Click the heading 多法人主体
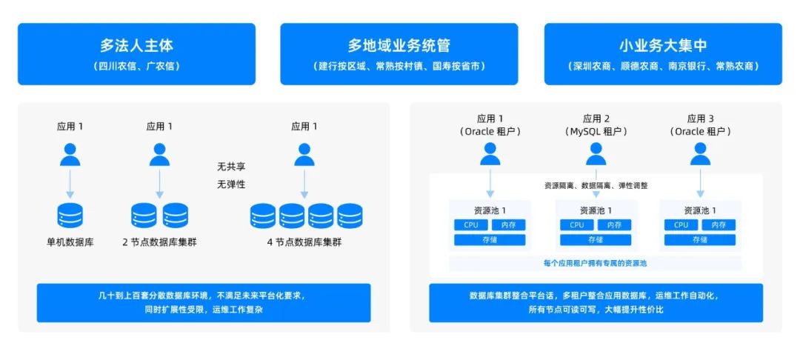(136, 46)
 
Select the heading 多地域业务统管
(399, 46)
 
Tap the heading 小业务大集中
(662, 46)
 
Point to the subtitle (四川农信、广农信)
(136, 66)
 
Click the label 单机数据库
(70, 242)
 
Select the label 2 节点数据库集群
(159, 242)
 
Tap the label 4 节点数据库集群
(305, 242)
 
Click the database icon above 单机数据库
(70, 215)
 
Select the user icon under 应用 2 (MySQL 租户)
(596, 154)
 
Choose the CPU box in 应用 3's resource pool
(681, 225)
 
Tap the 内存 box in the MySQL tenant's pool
(614, 225)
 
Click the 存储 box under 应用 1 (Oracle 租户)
(490, 240)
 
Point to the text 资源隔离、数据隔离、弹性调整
(596, 185)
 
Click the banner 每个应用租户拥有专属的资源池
(596, 263)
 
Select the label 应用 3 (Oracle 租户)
(700, 124)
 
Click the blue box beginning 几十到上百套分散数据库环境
(204, 302)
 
